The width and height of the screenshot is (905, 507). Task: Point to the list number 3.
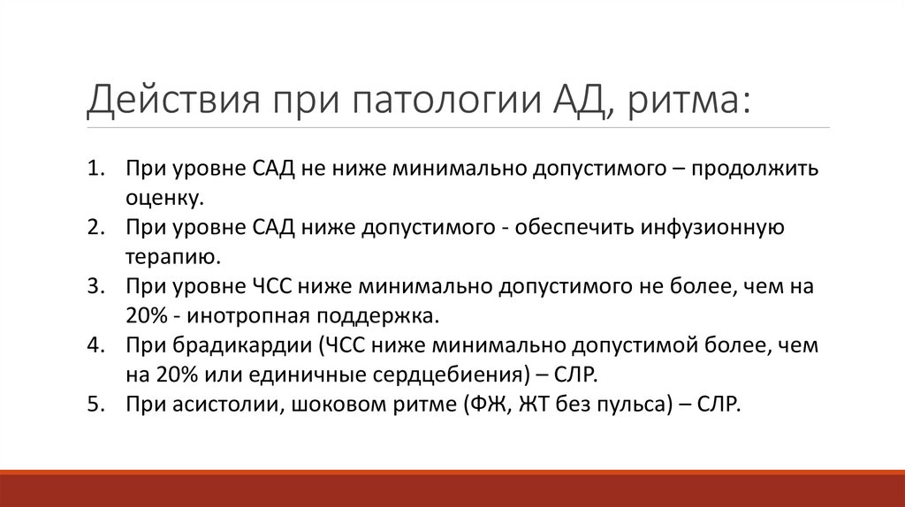pyautogui.click(x=95, y=286)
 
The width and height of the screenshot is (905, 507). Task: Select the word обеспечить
pyautogui.click(x=581, y=228)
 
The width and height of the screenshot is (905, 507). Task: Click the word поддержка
pyautogui.click(x=385, y=314)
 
